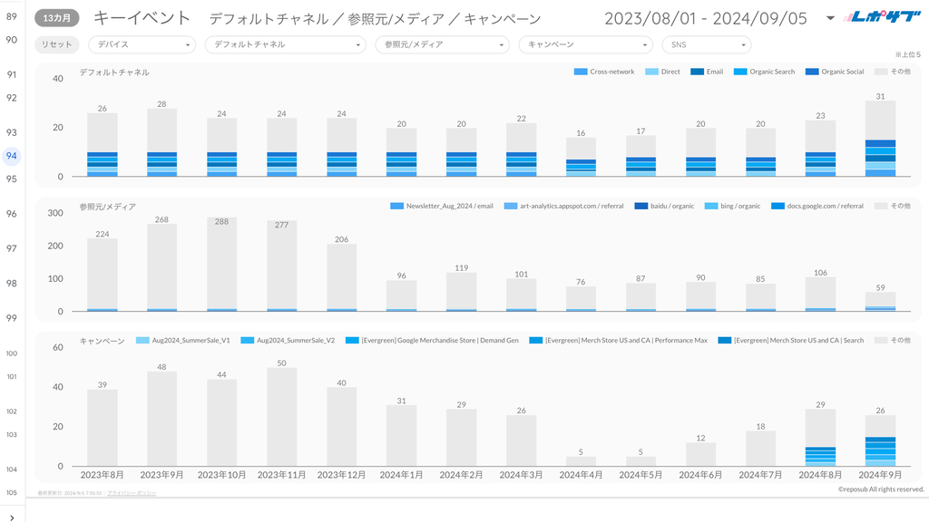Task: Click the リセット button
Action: [x=56, y=44]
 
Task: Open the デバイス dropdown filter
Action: [x=142, y=44]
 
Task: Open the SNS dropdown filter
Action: [x=707, y=44]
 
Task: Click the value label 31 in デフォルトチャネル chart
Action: [x=880, y=96]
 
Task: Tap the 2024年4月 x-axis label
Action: [x=582, y=475]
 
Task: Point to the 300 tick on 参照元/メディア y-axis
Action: [x=55, y=213]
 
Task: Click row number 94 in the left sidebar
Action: [x=12, y=156]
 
